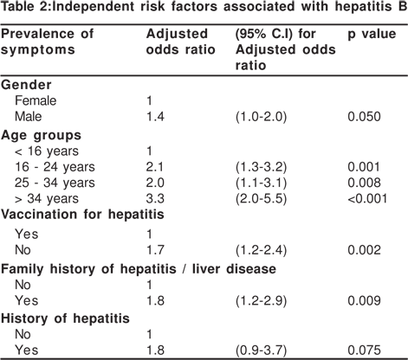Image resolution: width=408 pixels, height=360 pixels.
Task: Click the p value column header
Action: coord(372,35)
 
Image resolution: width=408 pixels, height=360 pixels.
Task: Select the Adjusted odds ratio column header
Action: coord(180,42)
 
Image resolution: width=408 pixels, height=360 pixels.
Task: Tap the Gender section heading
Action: coord(26,85)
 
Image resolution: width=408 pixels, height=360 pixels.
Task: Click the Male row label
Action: coord(29,117)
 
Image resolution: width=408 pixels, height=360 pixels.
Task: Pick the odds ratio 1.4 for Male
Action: coord(155,117)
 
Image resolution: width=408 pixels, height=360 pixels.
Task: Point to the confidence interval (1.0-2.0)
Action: coord(261,117)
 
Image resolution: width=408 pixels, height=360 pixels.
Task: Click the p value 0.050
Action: coord(364,117)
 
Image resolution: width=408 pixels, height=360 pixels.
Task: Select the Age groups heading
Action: coord(41,135)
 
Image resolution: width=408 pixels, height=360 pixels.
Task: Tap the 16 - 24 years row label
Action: coord(55,167)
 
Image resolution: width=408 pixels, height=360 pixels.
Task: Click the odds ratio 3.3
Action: coord(155,199)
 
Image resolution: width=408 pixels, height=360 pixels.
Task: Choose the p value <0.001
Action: coord(367,199)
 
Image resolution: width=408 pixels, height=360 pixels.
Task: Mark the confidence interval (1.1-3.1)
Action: coord(261,183)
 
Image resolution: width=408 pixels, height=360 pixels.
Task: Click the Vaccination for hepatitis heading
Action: coord(82,215)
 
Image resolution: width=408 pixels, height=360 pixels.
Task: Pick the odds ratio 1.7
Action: coord(155,250)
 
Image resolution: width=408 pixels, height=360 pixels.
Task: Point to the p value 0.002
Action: coord(364,250)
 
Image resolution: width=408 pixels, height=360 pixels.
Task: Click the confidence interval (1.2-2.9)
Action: coord(261,301)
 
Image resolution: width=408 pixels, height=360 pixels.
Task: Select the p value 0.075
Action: coord(364,350)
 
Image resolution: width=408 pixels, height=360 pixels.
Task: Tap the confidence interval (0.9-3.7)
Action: coord(261,350)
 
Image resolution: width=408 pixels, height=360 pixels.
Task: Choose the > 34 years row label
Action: coord(47,199)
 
